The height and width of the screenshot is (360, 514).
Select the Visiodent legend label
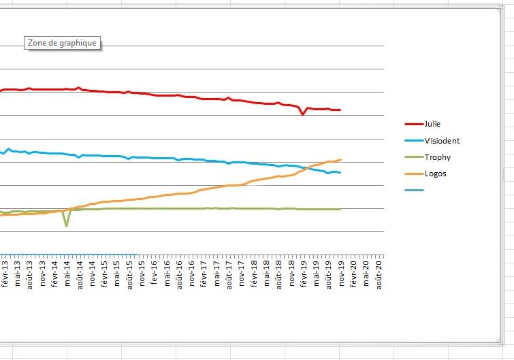pyautogui.click(x=442, y=141)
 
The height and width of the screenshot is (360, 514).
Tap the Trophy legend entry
pyautogui.click(x=437, y=157)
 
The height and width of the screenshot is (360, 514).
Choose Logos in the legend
pyautogui.click(x=435, y=174)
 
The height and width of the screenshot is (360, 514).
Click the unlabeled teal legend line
pyautogui.click(x=414, y=190)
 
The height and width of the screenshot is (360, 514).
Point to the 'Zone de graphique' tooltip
pyautogui.click(x=63, y=43)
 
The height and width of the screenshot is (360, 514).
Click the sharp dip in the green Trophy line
pyautogui.click(x=66, y=225)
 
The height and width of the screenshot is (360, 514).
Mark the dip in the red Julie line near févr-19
pyautogui.click(x=302, y=114)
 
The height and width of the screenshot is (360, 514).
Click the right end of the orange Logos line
pyautogui.click(x=340, y=159)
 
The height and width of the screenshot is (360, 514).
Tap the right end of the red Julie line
pyautogui.click(x=340, y=110)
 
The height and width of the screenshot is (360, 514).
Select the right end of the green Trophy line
pyautogui.click(x=340, y=209)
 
